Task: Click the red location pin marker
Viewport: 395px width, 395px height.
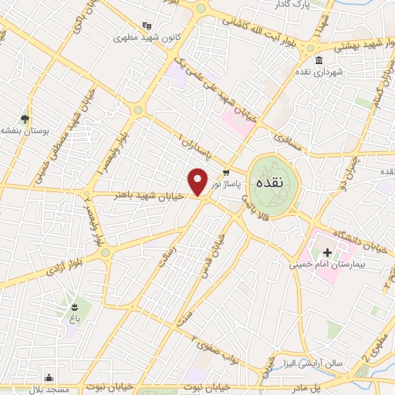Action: tap(198, 181)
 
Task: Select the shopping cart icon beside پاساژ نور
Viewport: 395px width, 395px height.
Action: tap(225, 173)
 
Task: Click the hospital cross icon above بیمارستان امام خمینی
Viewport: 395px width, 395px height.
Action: tap(327, 252)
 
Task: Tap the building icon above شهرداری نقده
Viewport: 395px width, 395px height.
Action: tap(319, 60)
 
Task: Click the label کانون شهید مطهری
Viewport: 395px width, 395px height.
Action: tap(140, 36)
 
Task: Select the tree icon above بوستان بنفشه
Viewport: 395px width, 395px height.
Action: tap(25, 119)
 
